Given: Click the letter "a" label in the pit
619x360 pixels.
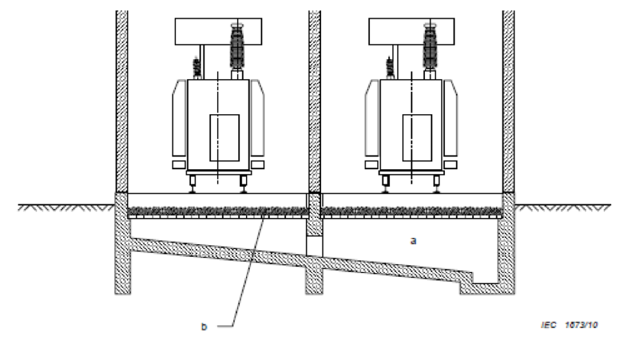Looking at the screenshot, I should click(x=413, y=240).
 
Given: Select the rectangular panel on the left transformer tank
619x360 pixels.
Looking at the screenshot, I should click(x=224, y=137).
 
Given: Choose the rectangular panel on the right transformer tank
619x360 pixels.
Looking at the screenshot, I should click(x=417, y=137).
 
